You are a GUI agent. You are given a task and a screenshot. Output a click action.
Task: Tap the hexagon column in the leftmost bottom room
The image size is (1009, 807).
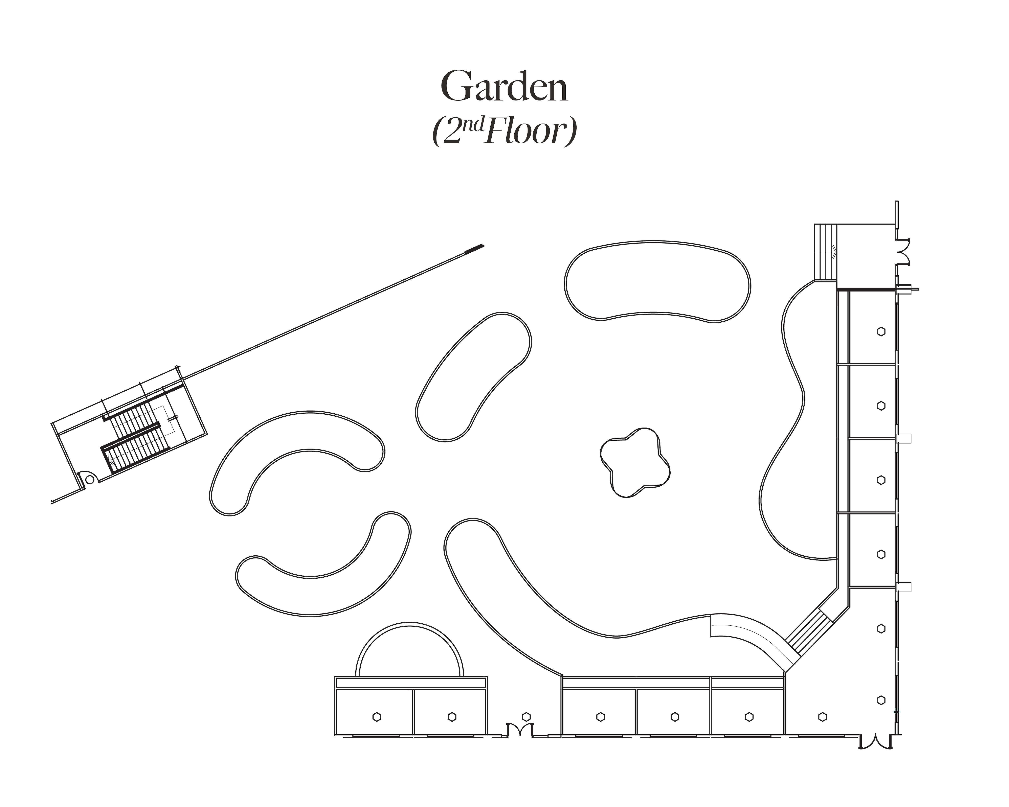click(x=377, y=717)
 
